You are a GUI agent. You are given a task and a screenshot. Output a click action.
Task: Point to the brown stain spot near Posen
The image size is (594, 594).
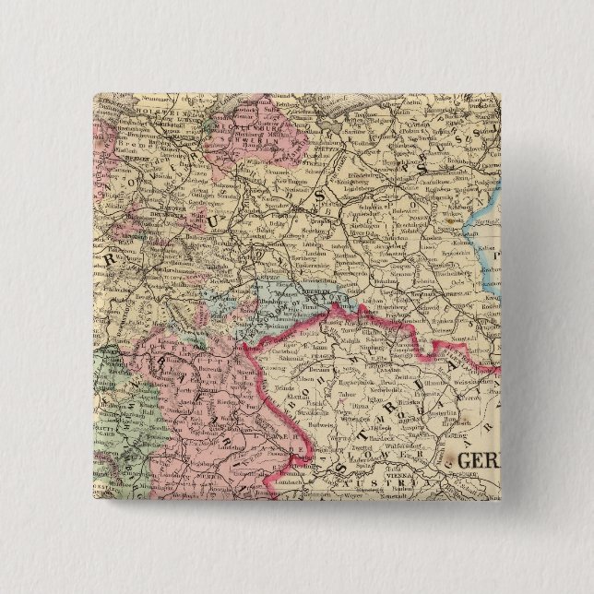(x=451, y=220)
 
